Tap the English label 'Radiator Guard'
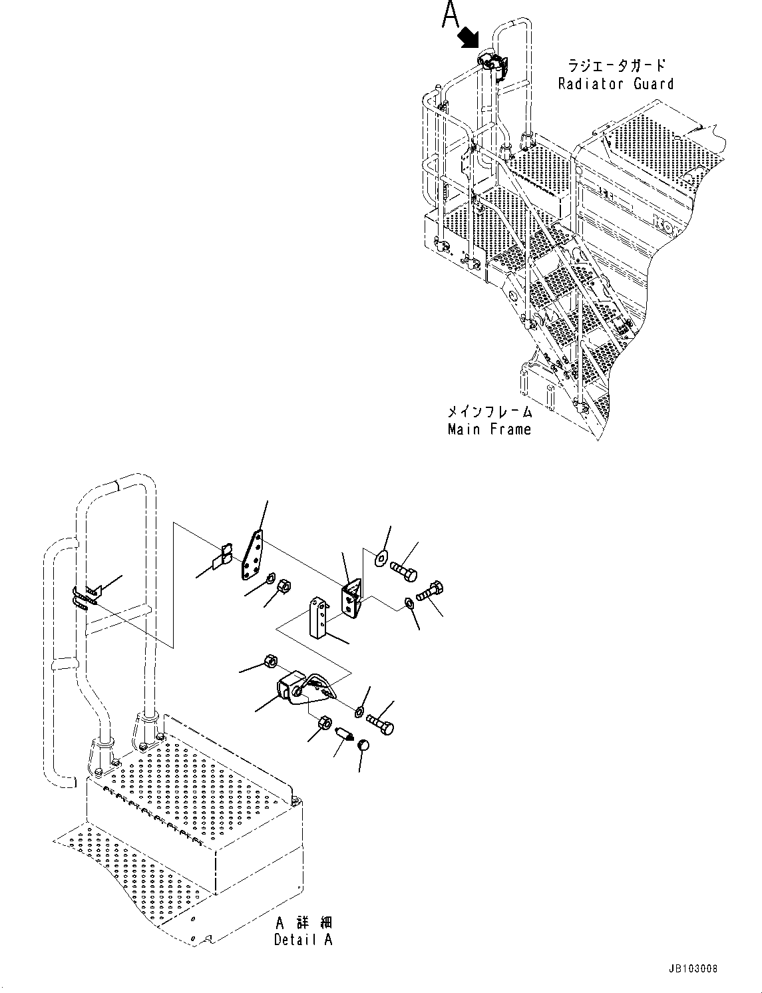pos(616,84)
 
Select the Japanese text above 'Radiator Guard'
pos(616,65)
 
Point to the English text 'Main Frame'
pos(490,429)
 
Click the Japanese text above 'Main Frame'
pos(490,412)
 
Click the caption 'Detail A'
pos(303,939)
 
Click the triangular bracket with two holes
pos(351,596)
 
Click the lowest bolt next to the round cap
pos(380,722)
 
